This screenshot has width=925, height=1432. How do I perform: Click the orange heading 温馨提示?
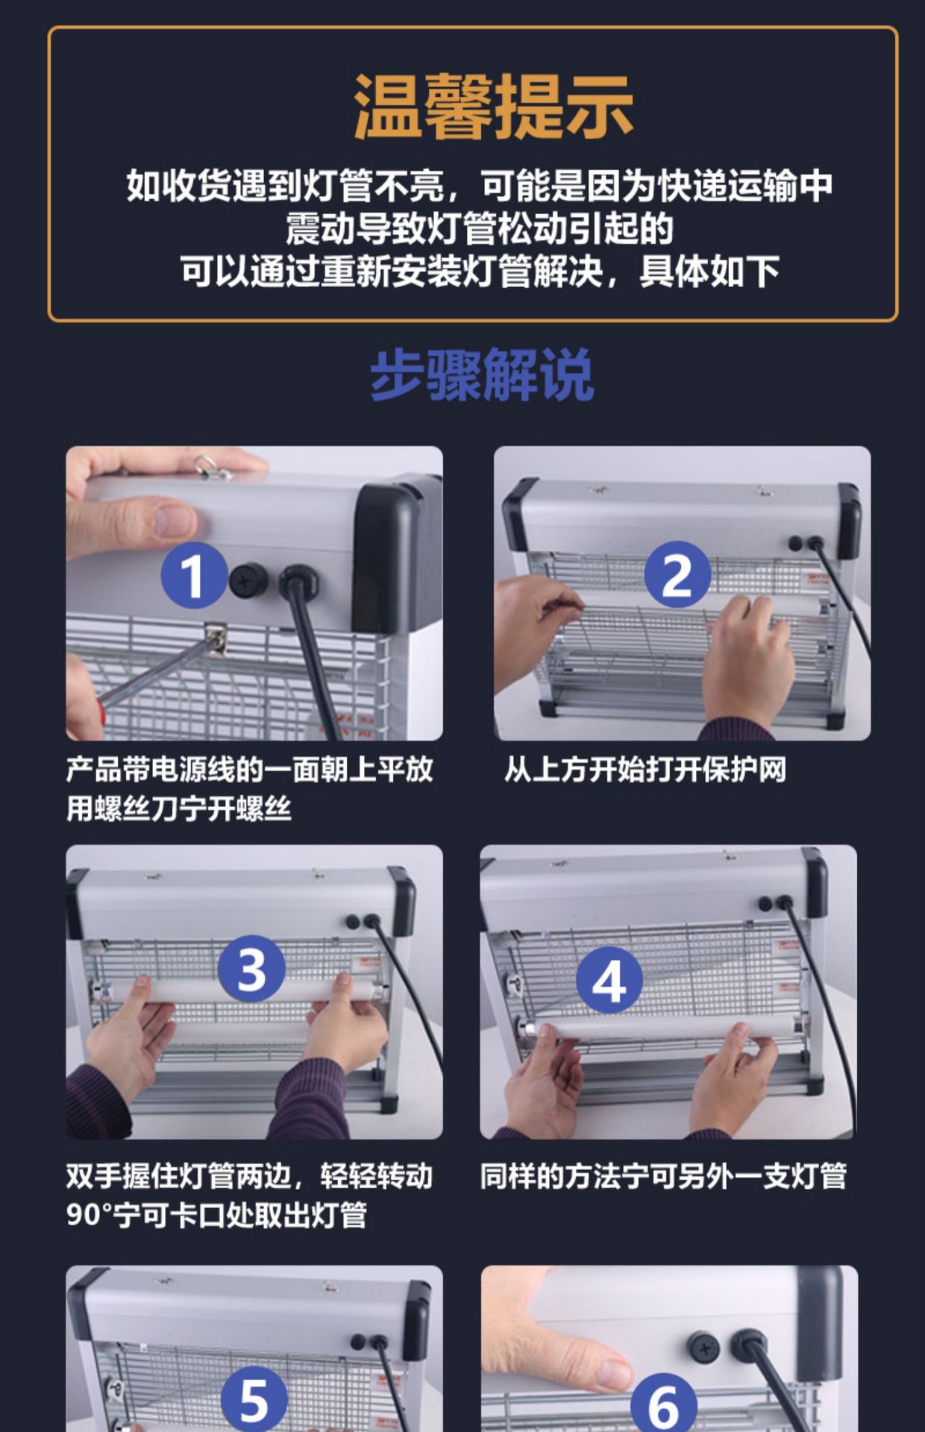493,106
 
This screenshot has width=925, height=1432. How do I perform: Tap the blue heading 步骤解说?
482,374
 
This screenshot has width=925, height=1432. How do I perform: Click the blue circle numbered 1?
194,575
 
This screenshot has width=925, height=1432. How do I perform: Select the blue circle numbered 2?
677,574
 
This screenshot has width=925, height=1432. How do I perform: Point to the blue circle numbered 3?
251,968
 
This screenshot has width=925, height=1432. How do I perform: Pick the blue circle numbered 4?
609,980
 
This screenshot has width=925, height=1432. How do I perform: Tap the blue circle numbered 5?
254,1398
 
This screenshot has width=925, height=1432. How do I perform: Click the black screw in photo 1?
248,580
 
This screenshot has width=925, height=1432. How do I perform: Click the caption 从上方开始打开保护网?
645,769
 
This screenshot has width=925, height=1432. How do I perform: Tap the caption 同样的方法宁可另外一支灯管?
663,1176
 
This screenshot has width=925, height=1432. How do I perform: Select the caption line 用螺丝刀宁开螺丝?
178,808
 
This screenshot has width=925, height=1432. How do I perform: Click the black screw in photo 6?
703,1347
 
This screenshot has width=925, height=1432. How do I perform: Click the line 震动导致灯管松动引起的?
480,228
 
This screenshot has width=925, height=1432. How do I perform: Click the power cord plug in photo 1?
298,582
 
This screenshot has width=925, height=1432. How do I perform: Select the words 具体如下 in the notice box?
709,271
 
